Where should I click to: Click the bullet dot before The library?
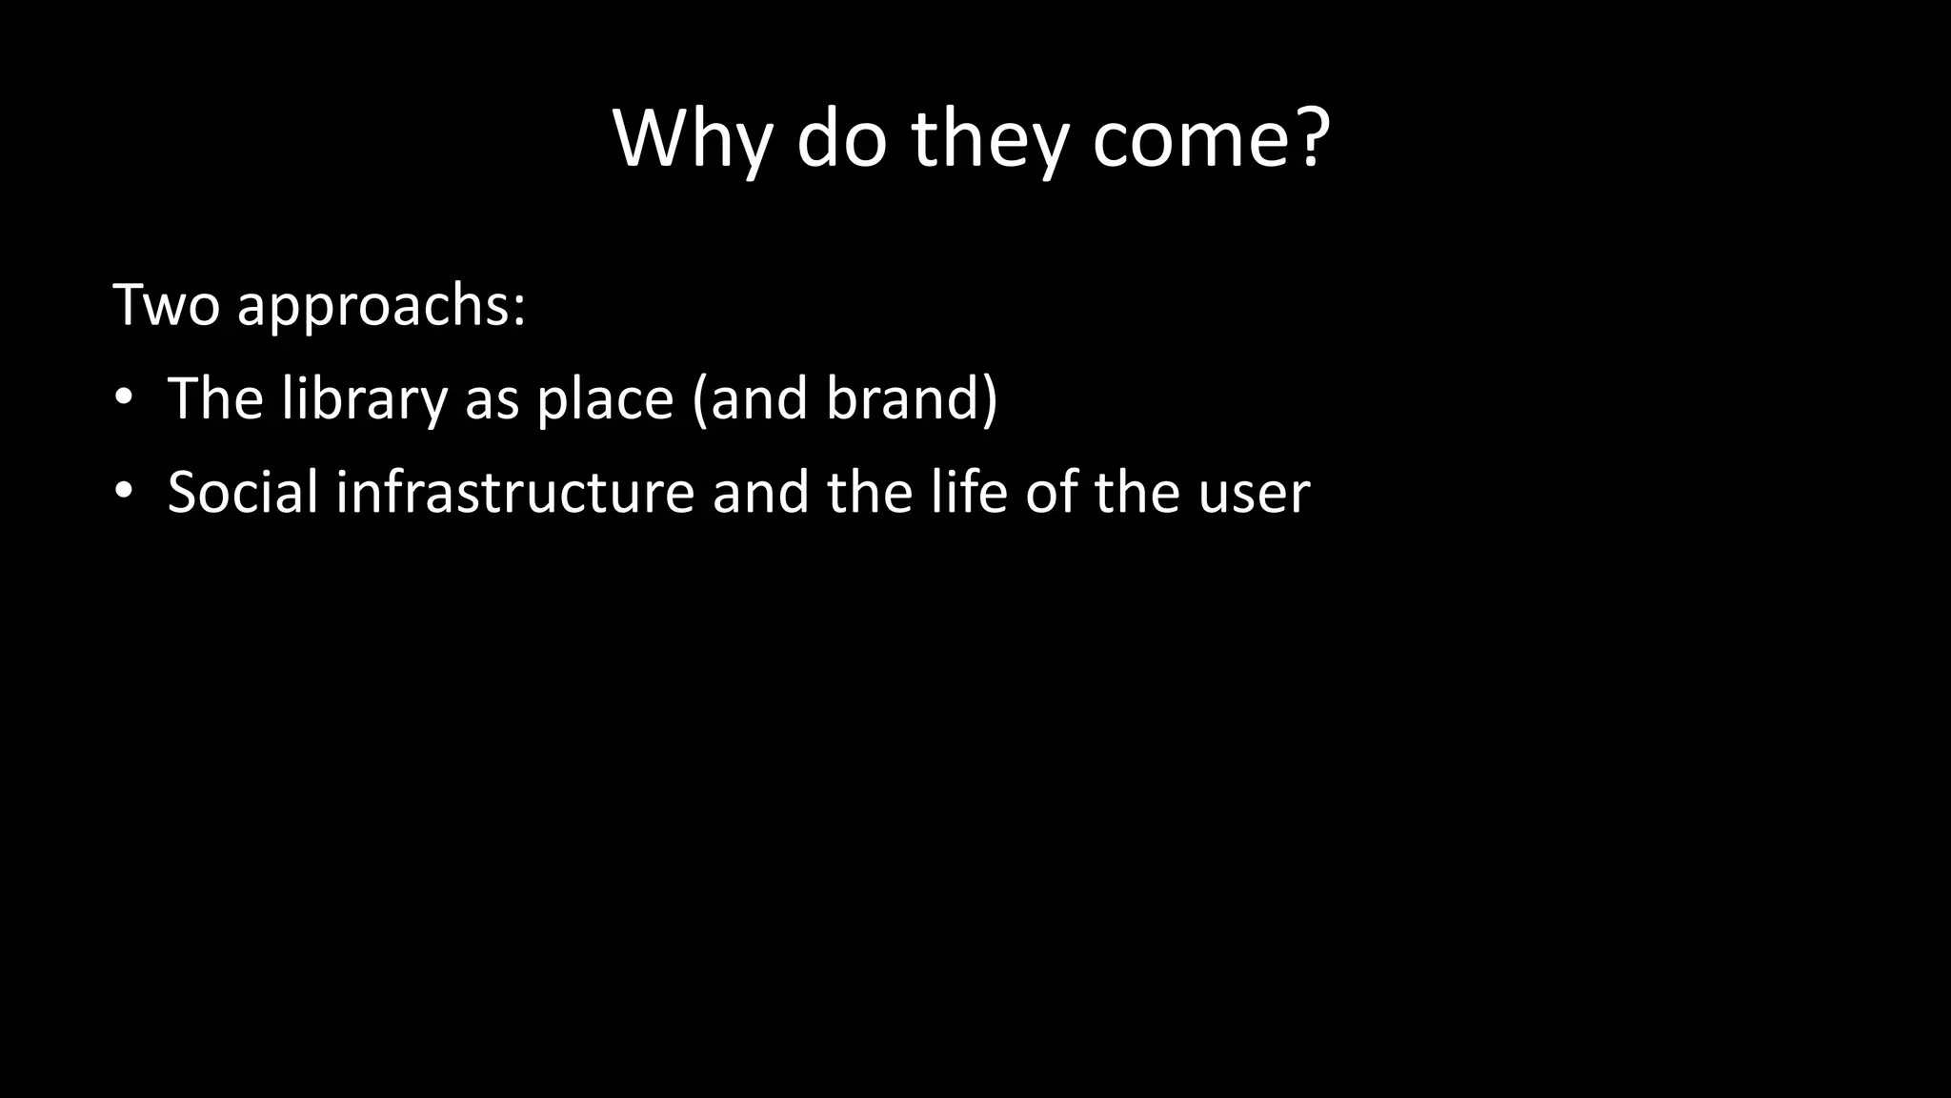pos(122,398)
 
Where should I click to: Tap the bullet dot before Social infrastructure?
pos(122,492)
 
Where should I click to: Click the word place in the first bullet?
pos(605,398)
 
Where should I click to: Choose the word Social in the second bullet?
pos(243,492)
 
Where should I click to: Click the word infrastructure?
pos(514,492)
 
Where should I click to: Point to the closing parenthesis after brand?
pos(990,398)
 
